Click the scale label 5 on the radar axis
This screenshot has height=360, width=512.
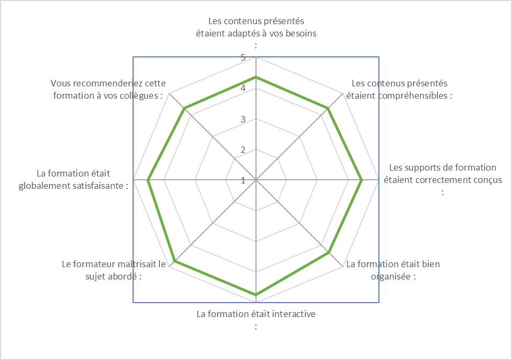[x=243, y=58]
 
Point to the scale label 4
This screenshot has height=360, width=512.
[x=243, y=88]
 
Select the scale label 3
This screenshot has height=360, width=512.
[x=243, y=119]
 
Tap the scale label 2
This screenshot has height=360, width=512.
[x=243, y=150]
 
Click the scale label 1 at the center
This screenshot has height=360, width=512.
[x=243, y=180]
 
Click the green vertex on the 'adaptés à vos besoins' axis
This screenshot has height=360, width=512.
[x=256, y=77]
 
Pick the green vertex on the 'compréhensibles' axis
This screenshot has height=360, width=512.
[x=328, y=108]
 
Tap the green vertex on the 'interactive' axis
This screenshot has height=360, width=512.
[x=256, y=295]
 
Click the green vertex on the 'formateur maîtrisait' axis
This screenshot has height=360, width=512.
[x=175, y=261]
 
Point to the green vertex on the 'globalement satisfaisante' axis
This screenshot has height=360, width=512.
[x=148, y=180]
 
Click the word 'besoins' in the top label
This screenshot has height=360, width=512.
[x=301, y=33]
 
